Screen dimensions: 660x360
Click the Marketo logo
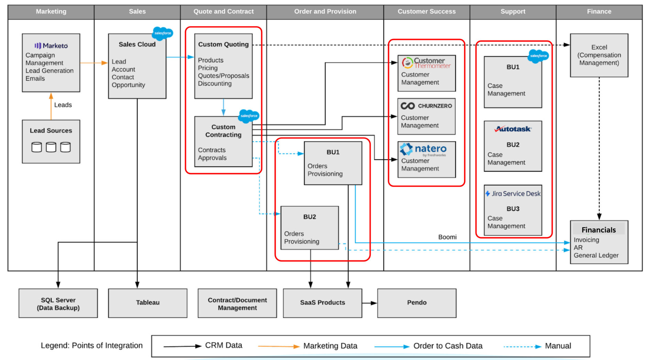click(x=51, y=46)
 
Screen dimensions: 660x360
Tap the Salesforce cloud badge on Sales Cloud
click(x=163, y=33)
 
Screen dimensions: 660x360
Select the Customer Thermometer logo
click(x=426, y=63)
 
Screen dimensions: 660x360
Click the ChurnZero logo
click(x=426, y=106)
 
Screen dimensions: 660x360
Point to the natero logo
click(x=423, y=150)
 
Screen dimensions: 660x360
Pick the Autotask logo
click(x=513, y=129)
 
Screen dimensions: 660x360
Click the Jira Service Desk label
click(x=513, y=194)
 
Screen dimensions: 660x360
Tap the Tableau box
click(x=148, y=303)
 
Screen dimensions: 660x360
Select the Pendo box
click(x=417, y=303)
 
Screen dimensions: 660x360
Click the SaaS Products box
click(x=322, y=303)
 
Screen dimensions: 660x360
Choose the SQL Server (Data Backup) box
click(x=58, y=303)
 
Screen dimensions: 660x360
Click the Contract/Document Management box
click(x=237, y=303)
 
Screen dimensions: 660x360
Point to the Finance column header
click(x=599, y=12)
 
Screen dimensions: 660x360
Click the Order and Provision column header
click(x=325, y=12)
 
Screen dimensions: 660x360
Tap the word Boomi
click(x=447, y=237)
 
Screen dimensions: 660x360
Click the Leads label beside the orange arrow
click(x=63, y=105)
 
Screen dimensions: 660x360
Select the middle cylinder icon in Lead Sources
click(x=51, y=147)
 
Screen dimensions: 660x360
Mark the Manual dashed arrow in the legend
click(x=522, y=347)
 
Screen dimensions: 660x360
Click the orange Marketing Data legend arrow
click(x=279, y=347)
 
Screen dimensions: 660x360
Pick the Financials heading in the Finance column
click(x=598, y=230)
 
